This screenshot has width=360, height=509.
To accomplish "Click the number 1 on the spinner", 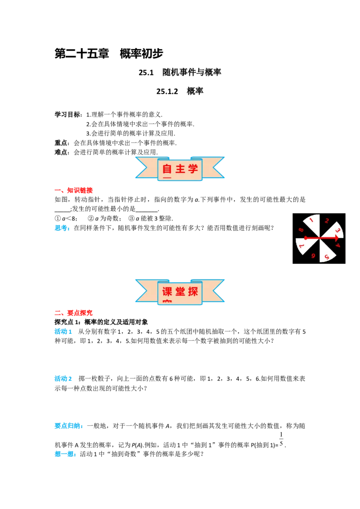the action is pyautogui.click(x=311, y=220).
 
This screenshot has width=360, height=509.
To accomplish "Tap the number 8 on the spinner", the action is pyautogui.click(x=301, y=230).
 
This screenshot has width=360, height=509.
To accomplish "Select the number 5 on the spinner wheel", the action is pyautogui.click(x=327, y=257).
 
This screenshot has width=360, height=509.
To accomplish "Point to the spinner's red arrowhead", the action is pyautogui.click(x=336, y=238).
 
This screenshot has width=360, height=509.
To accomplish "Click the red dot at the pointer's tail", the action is pyautogui.click(x=306, y=238).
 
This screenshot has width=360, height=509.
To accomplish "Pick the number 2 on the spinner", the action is pyautogui.click(x=327, y=221).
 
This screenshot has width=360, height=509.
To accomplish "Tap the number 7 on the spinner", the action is pyautogui.click(x=301, y=246).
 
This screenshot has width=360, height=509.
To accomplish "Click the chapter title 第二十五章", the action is pyautogui.click(x=81, y=54).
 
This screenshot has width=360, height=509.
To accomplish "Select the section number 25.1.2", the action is pyautogui.click(x=167, y=91).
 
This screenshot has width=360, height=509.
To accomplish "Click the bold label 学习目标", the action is pyautogui.click(x=67, y=114).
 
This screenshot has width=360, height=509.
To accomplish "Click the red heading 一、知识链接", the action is pyautogui.click(x=73, y=190).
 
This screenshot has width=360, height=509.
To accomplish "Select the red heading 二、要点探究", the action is pyautogui.click(x=73, y=313).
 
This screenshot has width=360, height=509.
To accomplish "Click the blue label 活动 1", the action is pyautogui.click(x=63, y=331).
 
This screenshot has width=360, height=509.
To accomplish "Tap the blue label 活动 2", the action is pyautogui.click(x=63, y=379).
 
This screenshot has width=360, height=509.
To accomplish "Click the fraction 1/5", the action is pyautogui.click(x=281, y=439).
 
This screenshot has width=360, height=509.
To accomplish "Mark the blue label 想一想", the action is pyautogui.click(x=65, y=454).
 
